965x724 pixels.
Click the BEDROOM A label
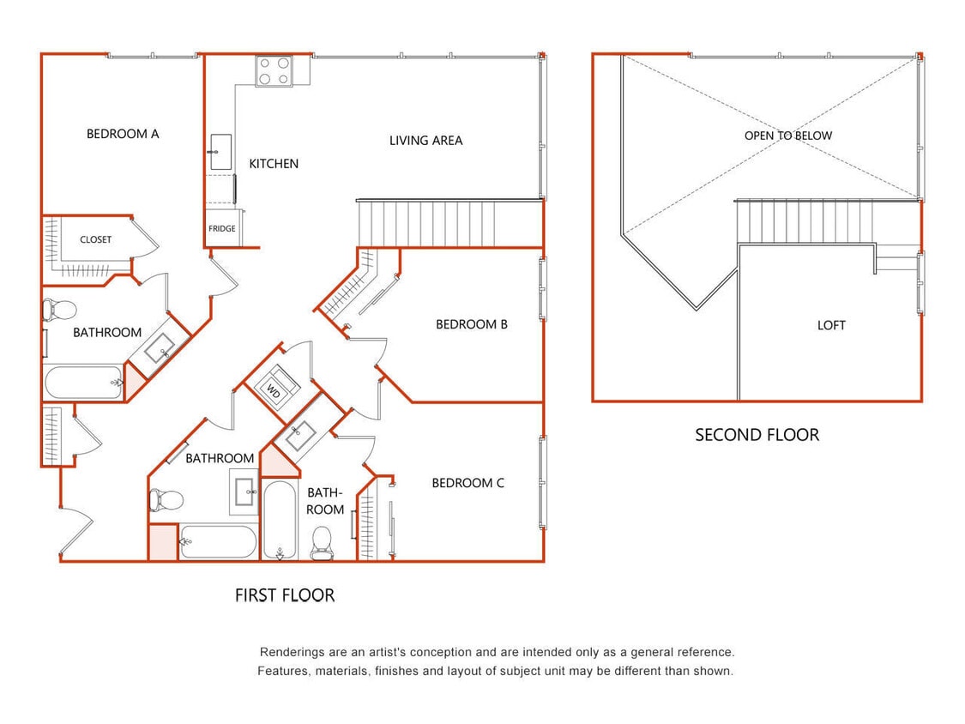(123, 134)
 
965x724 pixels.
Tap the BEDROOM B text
(471, 324)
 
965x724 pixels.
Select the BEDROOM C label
(467, 483)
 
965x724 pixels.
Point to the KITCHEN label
(274, 163)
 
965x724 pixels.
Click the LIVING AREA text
(425, 140)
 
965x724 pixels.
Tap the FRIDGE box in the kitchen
(222, 229)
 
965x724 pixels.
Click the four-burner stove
(274, 71)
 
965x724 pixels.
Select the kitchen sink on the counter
(220, 152)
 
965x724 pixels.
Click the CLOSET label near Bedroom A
(95, 239)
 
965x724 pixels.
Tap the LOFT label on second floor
(831, 325)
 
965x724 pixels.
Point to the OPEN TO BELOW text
(787, 135)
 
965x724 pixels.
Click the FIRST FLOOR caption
(285, 594)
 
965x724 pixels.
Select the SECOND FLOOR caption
(757, 435)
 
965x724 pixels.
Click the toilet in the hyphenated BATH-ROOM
(323, 542)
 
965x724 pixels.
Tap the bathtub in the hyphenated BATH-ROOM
(280, 520)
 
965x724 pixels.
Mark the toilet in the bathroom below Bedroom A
(60, 309)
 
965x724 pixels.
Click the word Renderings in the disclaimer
(291, 652)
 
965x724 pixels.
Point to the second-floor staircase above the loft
(805, 221)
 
